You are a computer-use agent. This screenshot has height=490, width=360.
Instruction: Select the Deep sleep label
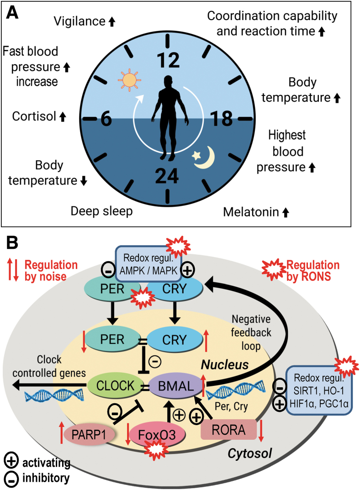(x=101, y=211)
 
